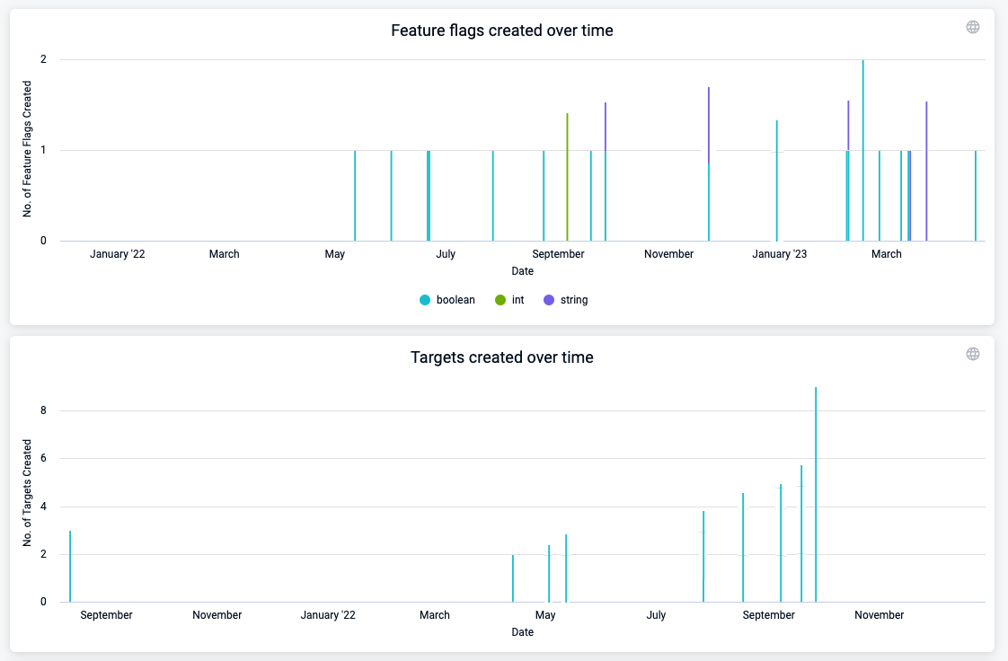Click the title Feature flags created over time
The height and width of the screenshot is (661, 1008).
[501, 31]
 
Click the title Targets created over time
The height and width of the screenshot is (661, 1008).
[501, 357]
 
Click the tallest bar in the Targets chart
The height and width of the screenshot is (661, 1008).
[816, 494]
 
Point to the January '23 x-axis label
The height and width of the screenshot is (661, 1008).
[779, 254]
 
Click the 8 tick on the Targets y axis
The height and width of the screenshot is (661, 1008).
[44, 410]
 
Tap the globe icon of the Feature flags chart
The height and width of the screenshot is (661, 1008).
[972, 27]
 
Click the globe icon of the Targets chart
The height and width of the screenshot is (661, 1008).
[972, 354]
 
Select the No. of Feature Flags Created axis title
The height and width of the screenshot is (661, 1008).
[28, 149]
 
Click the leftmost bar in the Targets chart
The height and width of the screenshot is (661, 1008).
[70, 566]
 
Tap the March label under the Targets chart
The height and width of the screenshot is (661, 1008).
[435, 615]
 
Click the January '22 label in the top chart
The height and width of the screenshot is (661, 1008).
[117, 254]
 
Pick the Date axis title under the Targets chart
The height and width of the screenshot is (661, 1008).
[522, 632]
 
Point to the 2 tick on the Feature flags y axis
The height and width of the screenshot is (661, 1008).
[42, 60]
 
